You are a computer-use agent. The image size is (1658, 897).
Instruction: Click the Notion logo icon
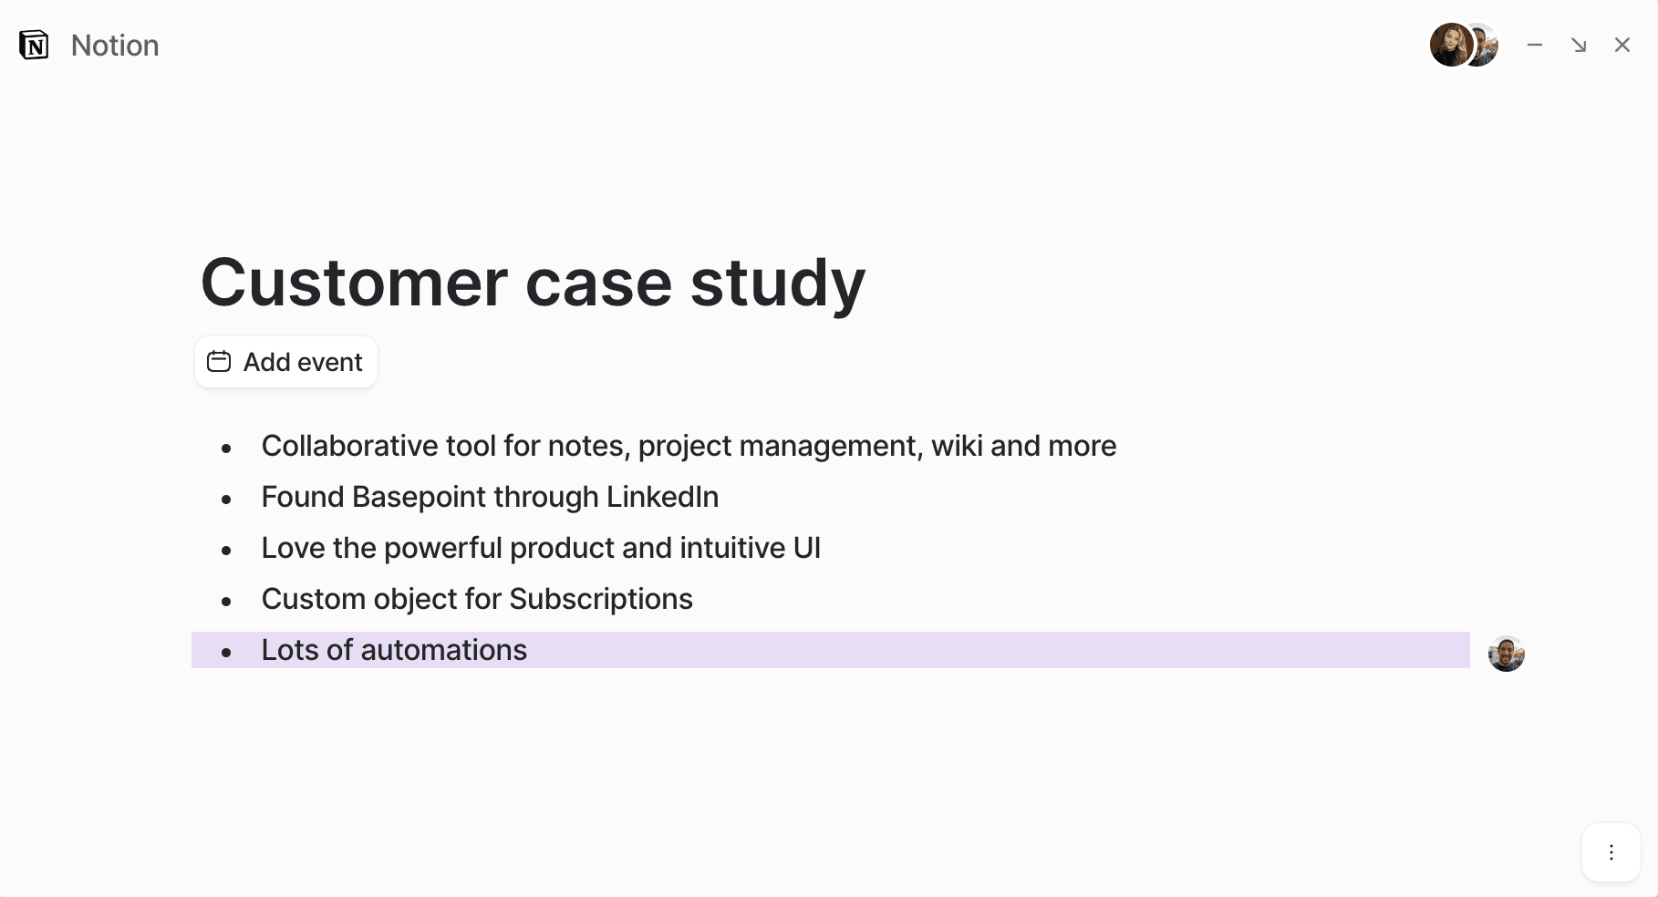click(34, 45)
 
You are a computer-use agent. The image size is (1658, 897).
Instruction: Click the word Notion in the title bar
click(115, 46)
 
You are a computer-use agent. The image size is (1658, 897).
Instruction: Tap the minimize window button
click(1535, 45)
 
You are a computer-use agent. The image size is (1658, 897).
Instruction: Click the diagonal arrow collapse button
click(1579, 45)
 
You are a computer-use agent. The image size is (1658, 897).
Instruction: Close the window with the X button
click(1622, 45)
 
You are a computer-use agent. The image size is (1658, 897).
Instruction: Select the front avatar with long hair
click(1451, 45)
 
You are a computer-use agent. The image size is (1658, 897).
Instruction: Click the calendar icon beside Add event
click(219, 362)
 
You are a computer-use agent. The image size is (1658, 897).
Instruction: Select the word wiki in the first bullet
click(957, 446)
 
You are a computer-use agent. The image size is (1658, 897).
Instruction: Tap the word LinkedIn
click(663, 497)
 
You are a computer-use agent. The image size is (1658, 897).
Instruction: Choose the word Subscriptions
click(601, 600)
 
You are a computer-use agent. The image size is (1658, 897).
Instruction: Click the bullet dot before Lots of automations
click(226, 652)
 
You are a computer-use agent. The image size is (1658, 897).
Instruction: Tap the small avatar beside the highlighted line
click(1507, 654)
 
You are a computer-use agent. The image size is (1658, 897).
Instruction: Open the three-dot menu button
click(1611, 852)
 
